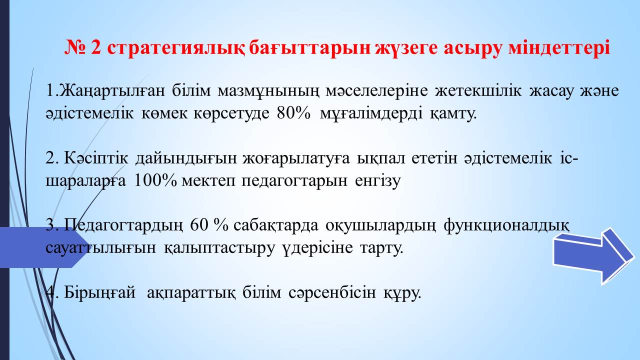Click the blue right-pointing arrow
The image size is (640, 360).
pyautogui.click(x=593, y=255)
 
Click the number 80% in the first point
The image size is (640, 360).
pyautogui.click(x=293, y=113)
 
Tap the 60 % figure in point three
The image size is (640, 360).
pyautogui.click(x=209, y=225)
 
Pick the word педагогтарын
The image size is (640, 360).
pyautogui.click(x=294, y=181)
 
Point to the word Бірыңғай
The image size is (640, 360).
pyautogui.click(x=99, y=293)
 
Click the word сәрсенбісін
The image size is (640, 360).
pyautogui.click(x=332, y=293)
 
